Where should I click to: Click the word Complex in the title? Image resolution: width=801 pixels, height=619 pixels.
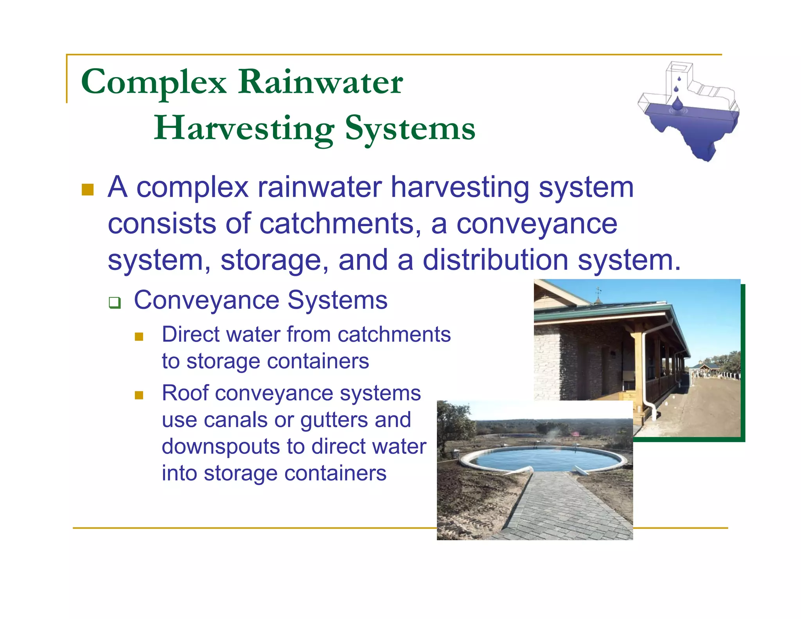[154, 83]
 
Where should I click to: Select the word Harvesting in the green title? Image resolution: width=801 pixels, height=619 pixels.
[244, 128]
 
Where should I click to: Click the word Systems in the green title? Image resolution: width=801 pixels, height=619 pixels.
[410, 128]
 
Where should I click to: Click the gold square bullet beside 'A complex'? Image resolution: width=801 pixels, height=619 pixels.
[88, 190]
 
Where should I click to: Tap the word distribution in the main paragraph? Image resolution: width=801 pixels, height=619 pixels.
[496, 260]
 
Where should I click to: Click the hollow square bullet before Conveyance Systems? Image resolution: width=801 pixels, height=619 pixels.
[115, 302]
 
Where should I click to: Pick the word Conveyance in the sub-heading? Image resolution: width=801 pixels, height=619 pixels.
[207, 301]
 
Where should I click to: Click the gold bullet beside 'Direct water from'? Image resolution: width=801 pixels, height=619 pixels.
[139, 336]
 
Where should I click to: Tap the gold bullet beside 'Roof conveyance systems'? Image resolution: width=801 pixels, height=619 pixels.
[139, 395]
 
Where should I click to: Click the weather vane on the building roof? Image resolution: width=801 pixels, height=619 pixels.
[598, 293]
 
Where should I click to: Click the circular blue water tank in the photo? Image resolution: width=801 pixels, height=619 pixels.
[541, 458]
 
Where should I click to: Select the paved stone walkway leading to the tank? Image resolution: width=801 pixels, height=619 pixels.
[563, 509]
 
